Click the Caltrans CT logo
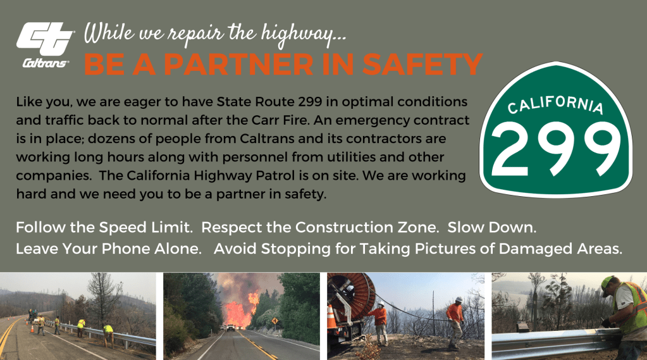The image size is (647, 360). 45,44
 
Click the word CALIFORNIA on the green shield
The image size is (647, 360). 555,104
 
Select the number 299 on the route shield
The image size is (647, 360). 555,149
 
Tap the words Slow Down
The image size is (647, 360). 492,228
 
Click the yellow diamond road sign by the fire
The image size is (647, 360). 274,321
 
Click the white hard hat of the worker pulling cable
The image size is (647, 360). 458,299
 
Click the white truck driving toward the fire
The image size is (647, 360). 231,328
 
